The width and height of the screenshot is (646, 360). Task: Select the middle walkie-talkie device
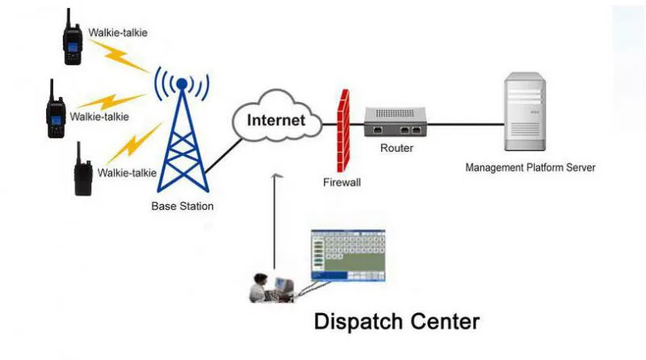click(55, 110)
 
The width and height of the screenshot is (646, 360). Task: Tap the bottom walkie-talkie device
click(82, 170)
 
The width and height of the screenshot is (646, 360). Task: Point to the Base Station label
click(182, 207)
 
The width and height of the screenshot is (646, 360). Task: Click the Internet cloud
click(276, 122)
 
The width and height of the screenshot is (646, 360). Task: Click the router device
click(396, 124)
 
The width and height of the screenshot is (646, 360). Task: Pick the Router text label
click(396, 149)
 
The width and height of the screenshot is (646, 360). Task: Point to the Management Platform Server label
click(531, 168)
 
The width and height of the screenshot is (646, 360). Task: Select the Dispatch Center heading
click(396, 322)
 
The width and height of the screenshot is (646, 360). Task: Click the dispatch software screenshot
click(348, 255)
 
